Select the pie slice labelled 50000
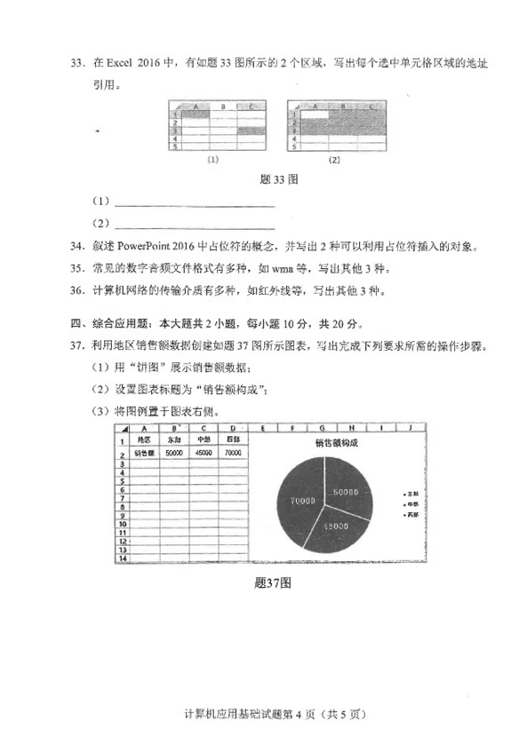pos(343,491)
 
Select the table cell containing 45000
pos(204,452)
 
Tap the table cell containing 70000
pos(234,452)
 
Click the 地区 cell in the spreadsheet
pos(143,438)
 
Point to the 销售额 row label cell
pos(143,452)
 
